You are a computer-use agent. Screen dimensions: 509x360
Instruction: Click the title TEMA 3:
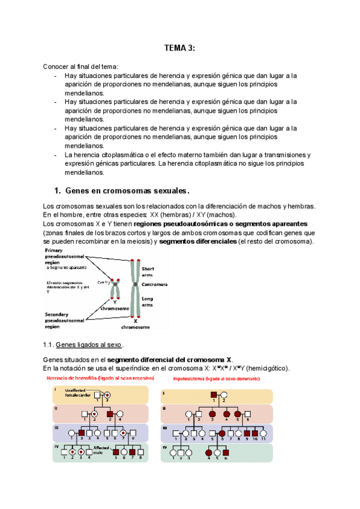pyautogui.click(x=179, y=49)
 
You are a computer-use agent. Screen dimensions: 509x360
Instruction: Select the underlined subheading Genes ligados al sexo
pyautogui.click(x=89, y=345)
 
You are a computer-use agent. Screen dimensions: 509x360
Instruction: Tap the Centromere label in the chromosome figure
pyautogui.click(x=155, y=284)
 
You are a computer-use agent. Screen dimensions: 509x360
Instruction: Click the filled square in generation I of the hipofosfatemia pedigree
pyautogui.click(x=213, y=395)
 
